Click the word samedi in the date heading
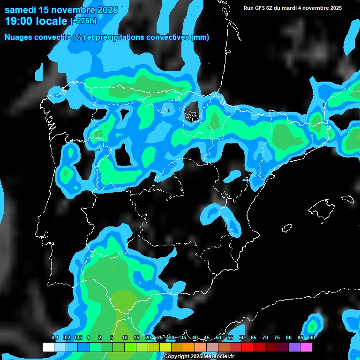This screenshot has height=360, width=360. [21, 10]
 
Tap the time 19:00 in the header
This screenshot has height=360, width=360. [20, 21]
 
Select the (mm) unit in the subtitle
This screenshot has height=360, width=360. [200, 37]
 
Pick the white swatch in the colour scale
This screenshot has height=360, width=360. [48, 347]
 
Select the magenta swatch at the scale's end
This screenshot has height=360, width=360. [306, 347]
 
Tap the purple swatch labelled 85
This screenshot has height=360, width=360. [294, 347]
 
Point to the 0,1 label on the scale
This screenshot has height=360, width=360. [55, 338]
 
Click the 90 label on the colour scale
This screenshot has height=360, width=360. [312, 338]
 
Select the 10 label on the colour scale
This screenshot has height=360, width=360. [124, 338]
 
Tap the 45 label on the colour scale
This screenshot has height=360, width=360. [207, 338]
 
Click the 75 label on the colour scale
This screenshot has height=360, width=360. [277, 338]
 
